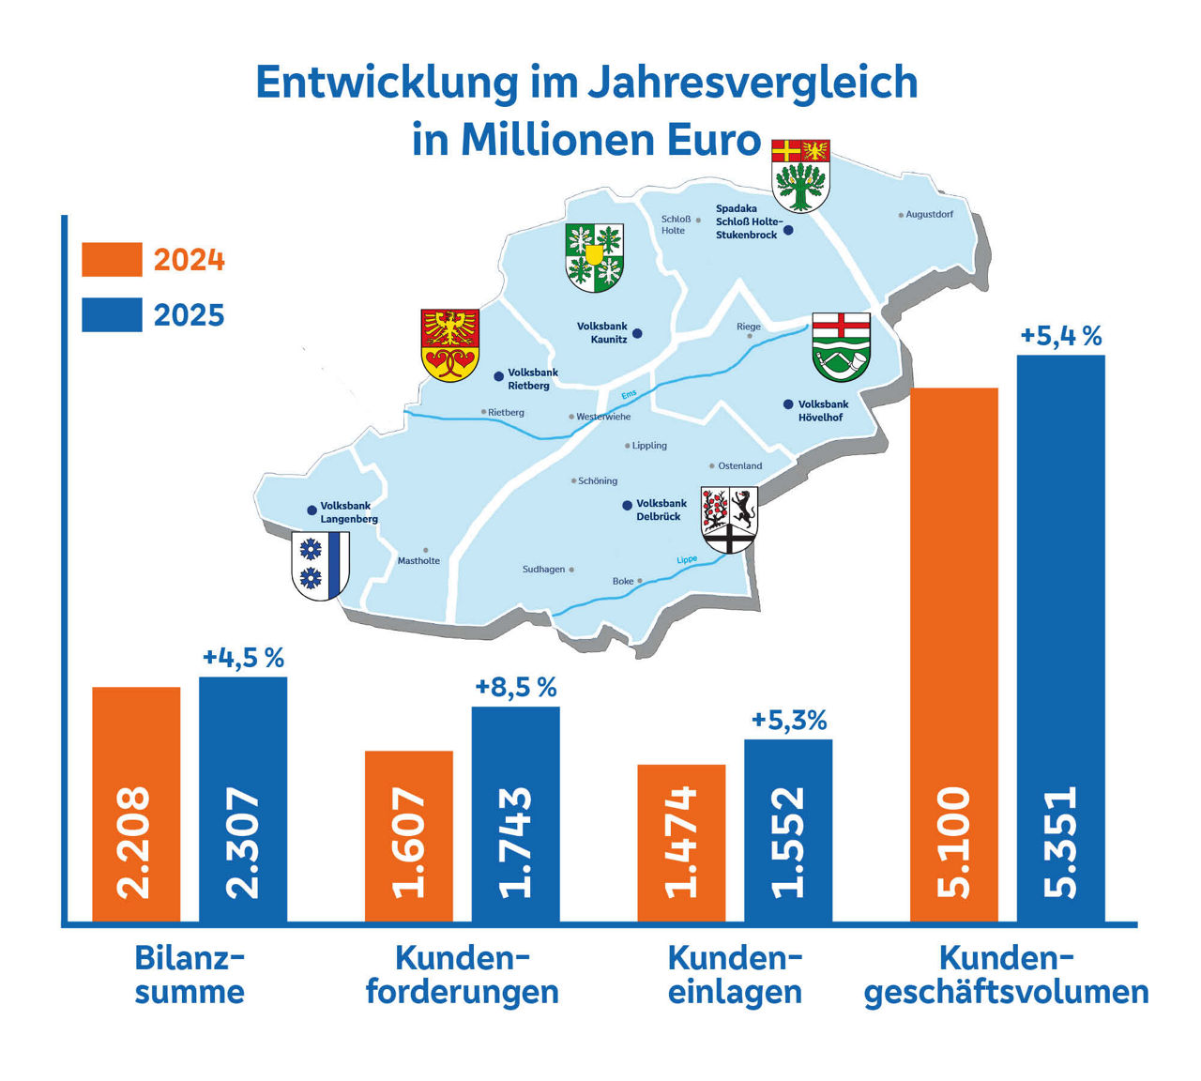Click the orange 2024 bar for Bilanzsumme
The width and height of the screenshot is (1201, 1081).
click(x=136, y=804)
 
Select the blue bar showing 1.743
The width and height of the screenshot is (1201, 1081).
click(x=515, y=814)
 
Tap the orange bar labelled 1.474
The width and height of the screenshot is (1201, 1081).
click(x=681, y=843)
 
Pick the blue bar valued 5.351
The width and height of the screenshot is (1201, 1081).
click(x=1060, y=638)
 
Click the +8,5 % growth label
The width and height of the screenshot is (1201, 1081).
click(x=516, y=687)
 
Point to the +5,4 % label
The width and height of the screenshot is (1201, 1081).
click(x=1060, y=336)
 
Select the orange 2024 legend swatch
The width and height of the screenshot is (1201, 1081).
click(x=112, y=260)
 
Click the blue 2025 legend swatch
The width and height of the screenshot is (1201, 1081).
click(x=112, y=315)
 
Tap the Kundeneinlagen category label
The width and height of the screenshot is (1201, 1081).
click(x=735, y=975)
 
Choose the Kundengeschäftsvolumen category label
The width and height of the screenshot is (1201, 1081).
click(x=1006, y=975)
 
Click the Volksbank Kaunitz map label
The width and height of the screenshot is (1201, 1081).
click(x=602, y=333)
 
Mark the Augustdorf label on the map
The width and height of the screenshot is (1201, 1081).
click(x=929, y=215)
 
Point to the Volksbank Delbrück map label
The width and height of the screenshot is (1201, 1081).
click(x=661, y=510)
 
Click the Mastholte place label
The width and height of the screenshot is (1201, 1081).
click(x=418, y=560)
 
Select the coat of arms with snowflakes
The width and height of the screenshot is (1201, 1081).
click(x=321, y=565)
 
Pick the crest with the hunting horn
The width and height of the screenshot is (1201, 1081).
click(x=841, y=346)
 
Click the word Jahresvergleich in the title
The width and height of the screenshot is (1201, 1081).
click(x=753, y=83)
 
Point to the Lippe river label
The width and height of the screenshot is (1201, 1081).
click(x=687, y=560)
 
